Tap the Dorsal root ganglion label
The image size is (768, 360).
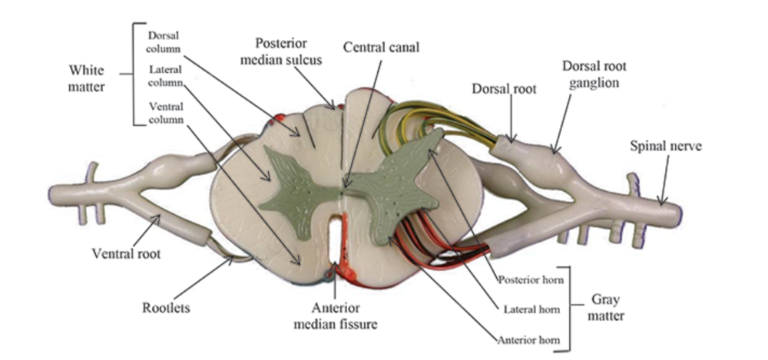[581, 74]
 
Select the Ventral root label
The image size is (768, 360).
[126, 253]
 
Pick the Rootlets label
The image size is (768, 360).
[166, 309]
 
